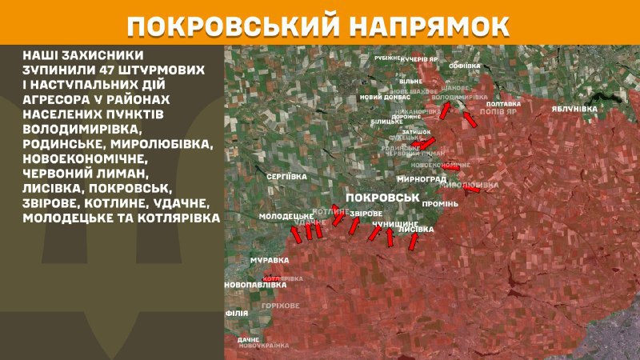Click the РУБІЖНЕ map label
point(388,58)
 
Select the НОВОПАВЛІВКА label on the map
point(255,284)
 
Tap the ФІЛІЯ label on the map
point(236,314)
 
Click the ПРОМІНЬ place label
point(441,202)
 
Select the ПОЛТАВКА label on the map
point(503,104)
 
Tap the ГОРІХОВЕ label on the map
point(281,306)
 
